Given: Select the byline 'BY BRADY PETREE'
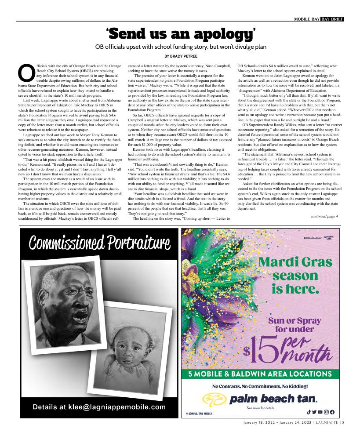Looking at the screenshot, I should (180, 56).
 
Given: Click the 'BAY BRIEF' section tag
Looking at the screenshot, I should (332, 19).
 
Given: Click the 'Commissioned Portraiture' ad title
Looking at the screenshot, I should (99, 242).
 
